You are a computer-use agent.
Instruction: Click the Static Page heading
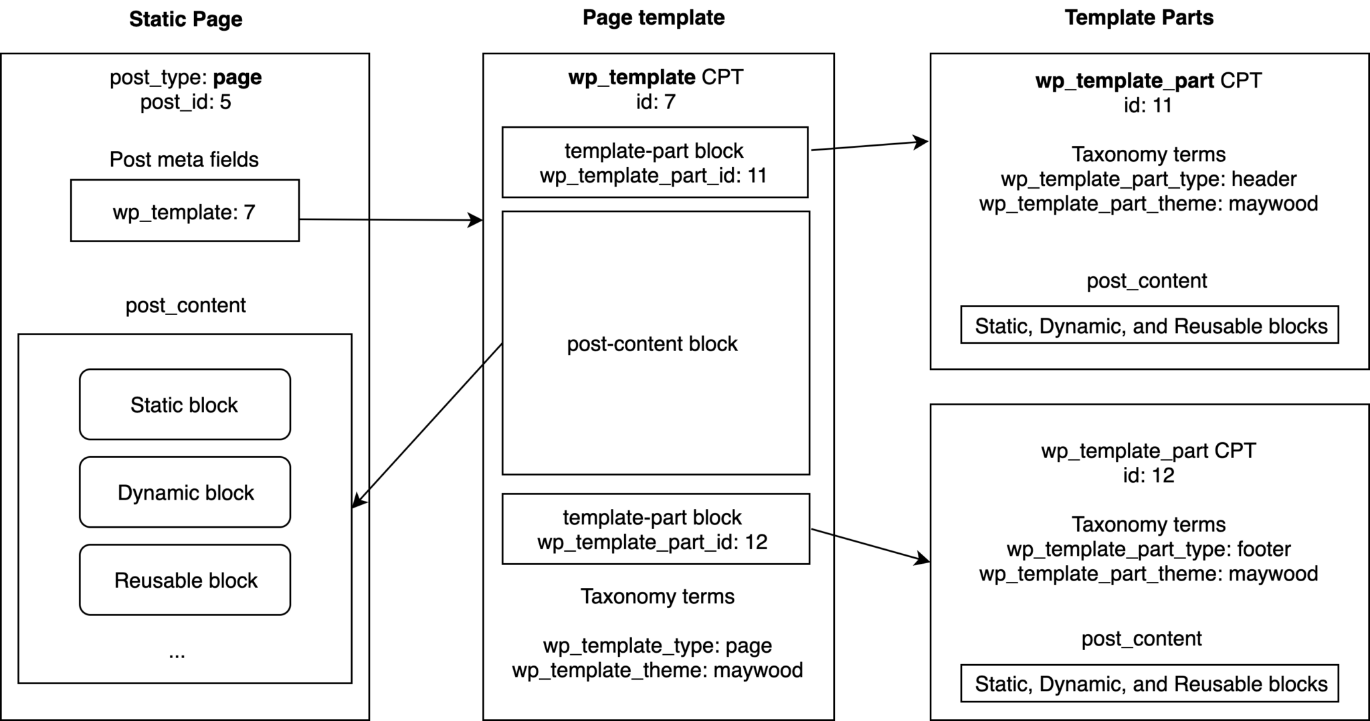(x=185, y=19)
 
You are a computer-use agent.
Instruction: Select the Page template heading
(x=653, y=17)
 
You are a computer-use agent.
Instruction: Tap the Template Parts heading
(x=1139, y=17)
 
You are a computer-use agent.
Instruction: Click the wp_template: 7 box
(x=185, y=211)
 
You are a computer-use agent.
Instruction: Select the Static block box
(x=185, y=405)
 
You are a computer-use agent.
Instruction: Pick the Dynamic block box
(x=185, y=492)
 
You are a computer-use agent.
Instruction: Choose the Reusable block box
(x=185, y=580)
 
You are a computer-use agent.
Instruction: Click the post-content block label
(x=652, y=344)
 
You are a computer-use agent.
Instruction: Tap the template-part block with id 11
(x=654, y=163)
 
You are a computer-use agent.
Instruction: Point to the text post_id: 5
(x=185, y=102)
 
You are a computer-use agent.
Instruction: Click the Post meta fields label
(x=184, y=160)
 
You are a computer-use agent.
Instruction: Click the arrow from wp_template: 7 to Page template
(x=391, y=219)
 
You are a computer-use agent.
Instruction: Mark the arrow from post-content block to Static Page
(x=428, y=424)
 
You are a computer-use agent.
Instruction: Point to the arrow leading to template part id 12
(x=870, y=544)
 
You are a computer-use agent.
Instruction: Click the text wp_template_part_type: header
(x=1148, y=179)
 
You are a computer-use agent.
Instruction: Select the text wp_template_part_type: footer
(x=1148, y=549)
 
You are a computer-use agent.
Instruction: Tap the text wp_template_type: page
(x=657, y=645)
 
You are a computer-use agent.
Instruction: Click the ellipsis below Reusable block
(x=177, y=654)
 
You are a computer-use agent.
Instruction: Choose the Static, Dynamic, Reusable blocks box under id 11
(x=1149, y=325)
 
